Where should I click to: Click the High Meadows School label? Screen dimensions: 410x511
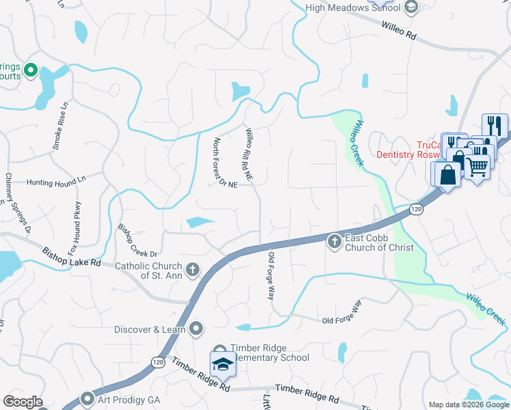click(x=353, y=8)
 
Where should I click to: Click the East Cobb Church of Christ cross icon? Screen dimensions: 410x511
click(x=334, y=241)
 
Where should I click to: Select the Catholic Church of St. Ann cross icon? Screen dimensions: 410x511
click(x=193, y=269)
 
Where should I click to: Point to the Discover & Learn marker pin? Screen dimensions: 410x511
click(x=197, y=329)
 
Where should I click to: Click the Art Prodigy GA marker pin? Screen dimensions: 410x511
click(x=87, y=398)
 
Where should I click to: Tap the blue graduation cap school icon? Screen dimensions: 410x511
click(x=222, y=366)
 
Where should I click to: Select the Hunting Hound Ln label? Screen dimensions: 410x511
click(x=56, y=182)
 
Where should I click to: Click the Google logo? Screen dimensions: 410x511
click(x=23, y=402)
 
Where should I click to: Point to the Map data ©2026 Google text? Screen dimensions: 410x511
click(x=468, y=405)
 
